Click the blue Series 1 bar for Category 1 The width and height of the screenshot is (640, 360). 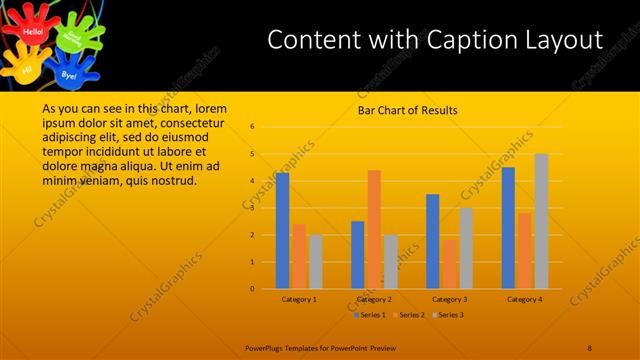(x=282, y=230)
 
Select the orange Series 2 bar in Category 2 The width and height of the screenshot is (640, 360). (x=374, y=229)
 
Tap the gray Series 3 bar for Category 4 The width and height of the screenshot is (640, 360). (x=541, y=221)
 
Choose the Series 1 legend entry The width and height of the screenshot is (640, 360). (x=370, y=315)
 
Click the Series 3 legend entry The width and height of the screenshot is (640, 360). (x=450, y=315)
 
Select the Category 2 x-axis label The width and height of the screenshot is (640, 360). (x=374, y=299)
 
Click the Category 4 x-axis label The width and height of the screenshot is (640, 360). (x=524, y=299)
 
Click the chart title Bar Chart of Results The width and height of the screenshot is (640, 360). (x=407, y=110)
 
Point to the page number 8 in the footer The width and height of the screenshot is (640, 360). (x=590, y=347)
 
